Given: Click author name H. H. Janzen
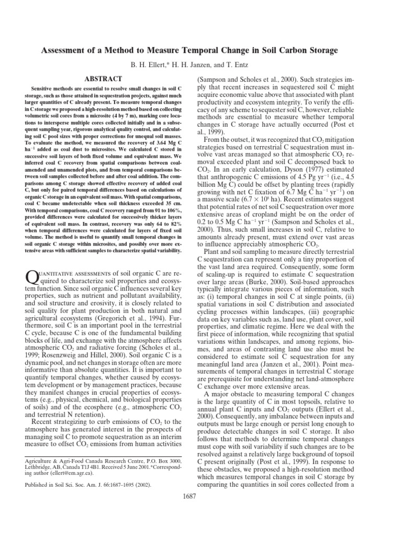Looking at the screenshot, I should [x=197, y=64].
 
